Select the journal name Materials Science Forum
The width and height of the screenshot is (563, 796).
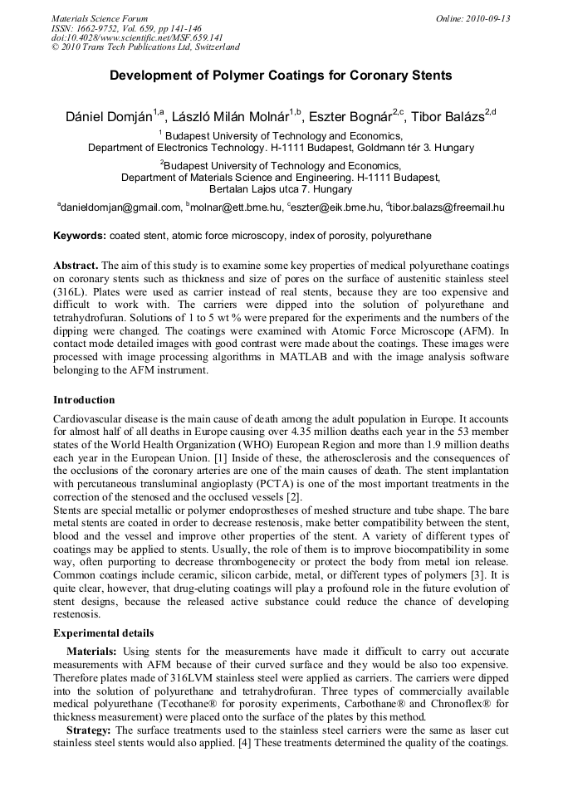100,18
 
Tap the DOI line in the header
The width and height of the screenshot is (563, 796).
137,37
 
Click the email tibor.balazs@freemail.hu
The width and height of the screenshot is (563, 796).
448,208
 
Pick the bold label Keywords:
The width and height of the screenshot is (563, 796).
80,236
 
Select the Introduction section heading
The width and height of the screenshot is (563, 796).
84,400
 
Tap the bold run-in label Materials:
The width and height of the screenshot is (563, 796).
92,652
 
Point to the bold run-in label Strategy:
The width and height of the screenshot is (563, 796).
89,730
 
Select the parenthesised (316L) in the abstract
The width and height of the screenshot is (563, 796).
70,292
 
